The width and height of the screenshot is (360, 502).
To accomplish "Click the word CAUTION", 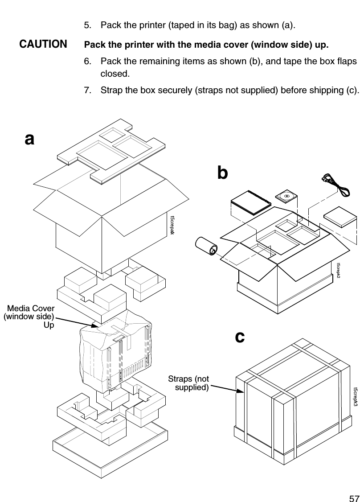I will coord(43,45).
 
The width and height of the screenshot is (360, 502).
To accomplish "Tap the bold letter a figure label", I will coord(29,139).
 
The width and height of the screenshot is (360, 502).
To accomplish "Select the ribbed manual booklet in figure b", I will coord(250,202).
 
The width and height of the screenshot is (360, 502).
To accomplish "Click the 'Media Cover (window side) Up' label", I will coord(30,317).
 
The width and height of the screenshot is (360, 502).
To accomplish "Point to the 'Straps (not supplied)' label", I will coord(188,383).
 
